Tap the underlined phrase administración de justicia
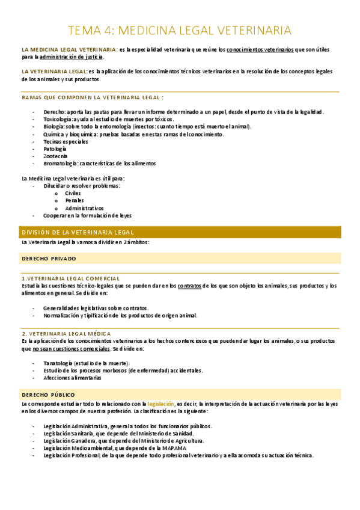(x=72, y=57)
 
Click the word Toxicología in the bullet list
(x=58, y=120)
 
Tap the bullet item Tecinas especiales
(x=66, y=141)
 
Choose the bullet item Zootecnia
(x=55, y=156)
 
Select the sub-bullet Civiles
(x=73, y=193)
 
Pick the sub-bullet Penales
(x=75, y=200)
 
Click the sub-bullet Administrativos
(x=84, y=207)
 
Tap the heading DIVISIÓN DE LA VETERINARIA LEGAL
(x=78, y=232)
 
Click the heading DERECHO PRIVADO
(x=49, y=258)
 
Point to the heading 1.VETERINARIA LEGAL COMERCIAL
(x=70, y=278)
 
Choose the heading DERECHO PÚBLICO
(x=48, y=394)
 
